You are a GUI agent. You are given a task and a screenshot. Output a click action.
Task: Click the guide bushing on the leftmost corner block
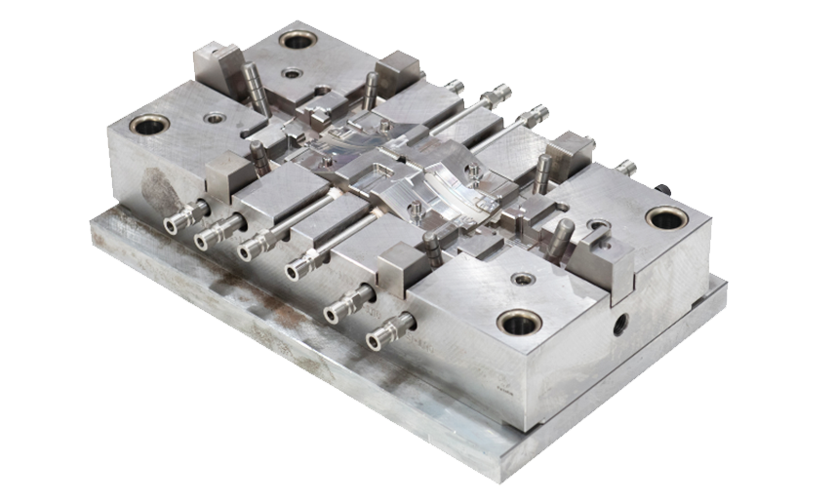pos(150,125)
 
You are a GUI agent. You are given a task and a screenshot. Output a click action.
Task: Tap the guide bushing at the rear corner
pos(298,40)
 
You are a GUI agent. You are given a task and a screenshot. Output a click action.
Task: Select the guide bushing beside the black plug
pos(666,216)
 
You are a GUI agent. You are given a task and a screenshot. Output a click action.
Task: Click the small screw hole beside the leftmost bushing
pos(214,118)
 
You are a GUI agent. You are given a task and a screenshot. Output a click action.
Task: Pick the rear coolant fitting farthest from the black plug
pos(453,88)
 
